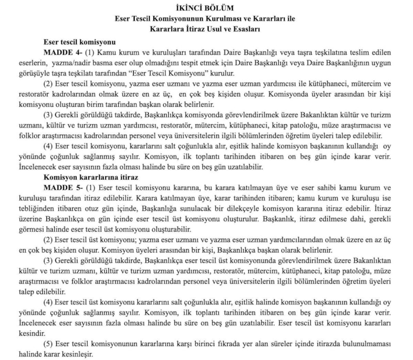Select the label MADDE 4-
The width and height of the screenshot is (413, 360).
[63, 52]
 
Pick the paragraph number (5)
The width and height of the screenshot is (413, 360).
[50, 343]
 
